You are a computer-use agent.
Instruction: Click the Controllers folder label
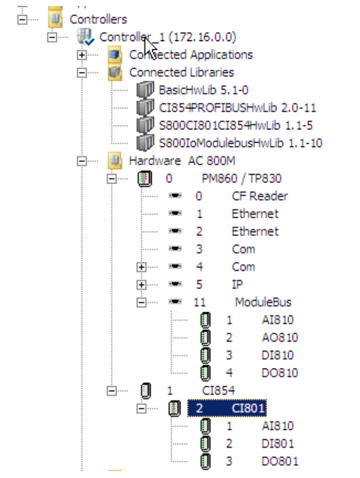(x=98, y=19)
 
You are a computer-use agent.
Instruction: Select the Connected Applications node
(x=190, y=55)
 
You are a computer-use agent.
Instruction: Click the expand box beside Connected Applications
(x=82, y=55)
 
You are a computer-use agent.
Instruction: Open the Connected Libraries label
(x=181, y=72)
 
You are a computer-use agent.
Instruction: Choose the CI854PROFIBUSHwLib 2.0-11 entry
(x=237, y=108)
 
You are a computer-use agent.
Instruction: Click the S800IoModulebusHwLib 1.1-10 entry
(x=240, y=143)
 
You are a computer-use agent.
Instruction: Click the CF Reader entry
(x=260, y=196)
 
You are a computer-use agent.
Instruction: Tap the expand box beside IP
(x=142, y=284)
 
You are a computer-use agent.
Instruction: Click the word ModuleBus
(x=262, y=302)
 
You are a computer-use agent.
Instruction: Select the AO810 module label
(x=280, y=337)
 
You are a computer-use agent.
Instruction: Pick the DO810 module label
(x=280, y=373)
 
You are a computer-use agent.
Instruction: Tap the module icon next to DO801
(x=205, y=461)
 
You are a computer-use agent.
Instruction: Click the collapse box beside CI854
(x=112, y=391)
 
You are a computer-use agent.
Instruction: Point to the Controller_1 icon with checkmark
(x=85, y=37)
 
